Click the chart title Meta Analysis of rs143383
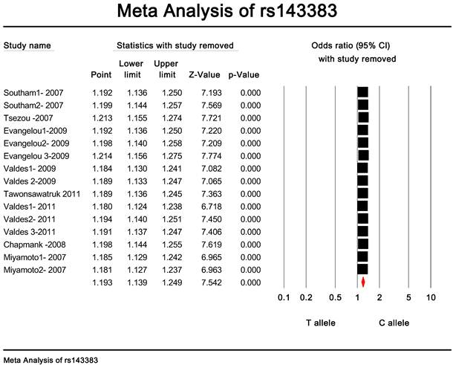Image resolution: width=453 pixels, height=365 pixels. pyautogui.click(x=226, y=13)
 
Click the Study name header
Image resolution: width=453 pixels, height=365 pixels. pyautogui.click(x=27, y=46)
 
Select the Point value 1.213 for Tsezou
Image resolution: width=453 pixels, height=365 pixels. pyautogui.click(x=101, y=117)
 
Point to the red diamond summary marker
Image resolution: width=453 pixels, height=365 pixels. pyautogui.click(x=363, y=282)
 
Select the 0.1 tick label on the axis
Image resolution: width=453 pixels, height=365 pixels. pyautogui.click(x=283, y=298)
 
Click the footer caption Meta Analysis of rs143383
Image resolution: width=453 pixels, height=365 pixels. pyautogui.click(x=50, y=359)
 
